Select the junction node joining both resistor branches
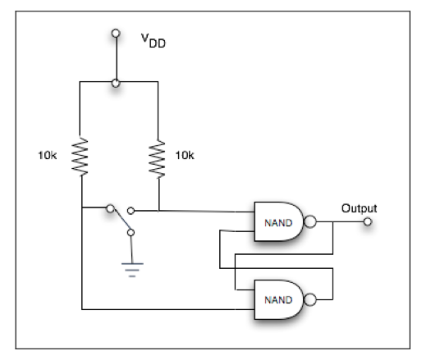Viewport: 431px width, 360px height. [x=116, y=82]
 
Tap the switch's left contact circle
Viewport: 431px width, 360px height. [x=108, y=210]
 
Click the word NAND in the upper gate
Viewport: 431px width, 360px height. [x=276, y=222]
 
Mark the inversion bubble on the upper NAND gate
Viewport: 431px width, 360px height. [x=310, y=221]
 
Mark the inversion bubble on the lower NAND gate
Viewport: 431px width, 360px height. [x=310, y=298]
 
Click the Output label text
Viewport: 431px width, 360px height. [x=359, y=207]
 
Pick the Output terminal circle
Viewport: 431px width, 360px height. [x=368, y=221]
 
